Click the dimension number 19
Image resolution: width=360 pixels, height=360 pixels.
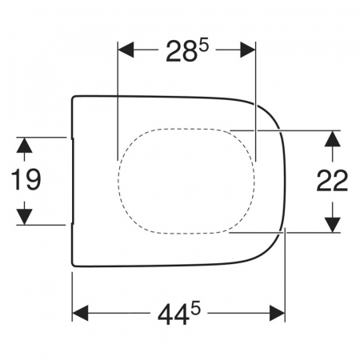[x=26, y=180]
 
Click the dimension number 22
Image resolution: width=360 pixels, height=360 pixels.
[x=332, y=181]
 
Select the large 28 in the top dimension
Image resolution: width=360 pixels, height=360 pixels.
[x=181, y=51]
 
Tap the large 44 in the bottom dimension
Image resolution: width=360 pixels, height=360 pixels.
[x=172, y=314]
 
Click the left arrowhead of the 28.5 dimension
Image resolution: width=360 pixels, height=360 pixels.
[x=126, y=50]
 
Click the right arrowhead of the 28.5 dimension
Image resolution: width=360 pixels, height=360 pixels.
[x=248, y=50]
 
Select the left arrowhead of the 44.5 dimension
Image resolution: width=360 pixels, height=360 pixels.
[x=80, y=313]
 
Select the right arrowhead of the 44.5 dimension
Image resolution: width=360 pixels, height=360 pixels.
[x=278, y=313]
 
